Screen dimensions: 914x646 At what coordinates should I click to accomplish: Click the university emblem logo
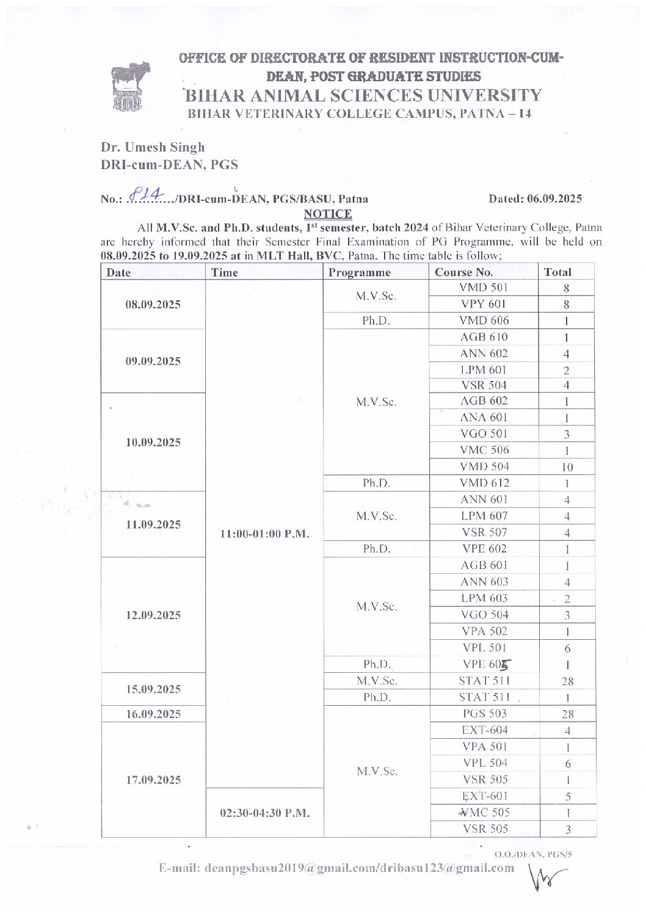[x=127, y=87]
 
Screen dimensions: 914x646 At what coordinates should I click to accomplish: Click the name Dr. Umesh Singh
[x=153, y=147]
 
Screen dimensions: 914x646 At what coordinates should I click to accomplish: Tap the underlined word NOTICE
[x=327, y=214]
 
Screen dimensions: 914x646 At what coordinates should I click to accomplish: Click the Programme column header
[x=359, y=272]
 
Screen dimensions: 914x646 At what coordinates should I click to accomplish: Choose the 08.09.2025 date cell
[x=153, y=304]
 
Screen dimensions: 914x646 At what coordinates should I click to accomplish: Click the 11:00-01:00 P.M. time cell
[x=264, y=534]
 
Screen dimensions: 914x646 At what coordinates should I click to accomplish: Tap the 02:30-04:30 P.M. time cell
[x=264, y=813]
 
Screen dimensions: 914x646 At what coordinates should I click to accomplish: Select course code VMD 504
[x=484, y=466]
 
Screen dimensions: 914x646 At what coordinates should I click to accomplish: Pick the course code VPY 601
[x=484, y=304]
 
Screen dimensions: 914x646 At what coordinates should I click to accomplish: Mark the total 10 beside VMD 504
[x=567, y=467]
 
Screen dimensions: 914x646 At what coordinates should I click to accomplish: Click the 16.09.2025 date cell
[x=153, y=714]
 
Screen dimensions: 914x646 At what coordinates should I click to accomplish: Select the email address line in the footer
[x=336, y=868]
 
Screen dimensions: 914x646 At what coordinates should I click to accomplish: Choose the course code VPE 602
[x=484, y=548]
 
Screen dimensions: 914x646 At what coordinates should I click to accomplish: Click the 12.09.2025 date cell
[x=153, y=615]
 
